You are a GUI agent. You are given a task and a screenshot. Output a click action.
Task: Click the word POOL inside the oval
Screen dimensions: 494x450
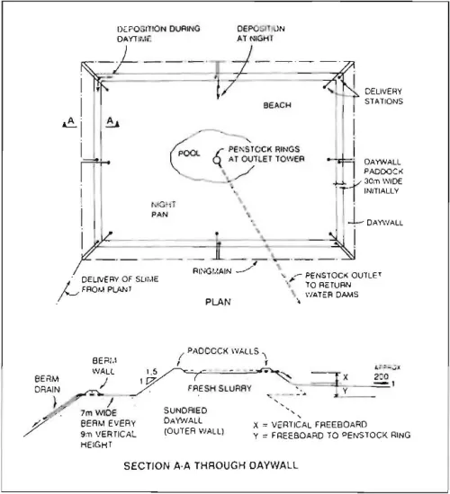click(x=187, y=153)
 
